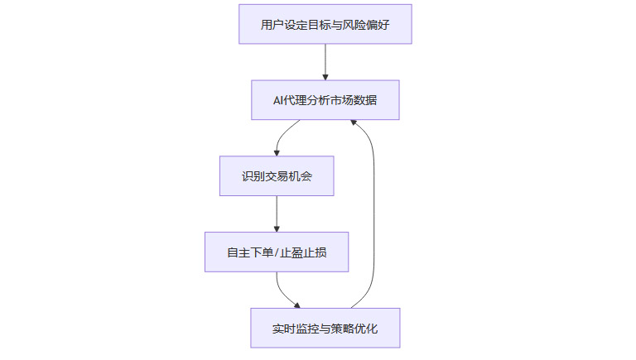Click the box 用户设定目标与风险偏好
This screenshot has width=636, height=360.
(325, 24)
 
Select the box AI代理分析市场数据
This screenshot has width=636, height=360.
(325, 100)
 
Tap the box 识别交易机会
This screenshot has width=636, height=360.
(277, 176)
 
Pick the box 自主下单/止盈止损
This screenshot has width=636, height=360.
(277, 252)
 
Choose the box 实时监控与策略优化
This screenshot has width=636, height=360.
(325, 328)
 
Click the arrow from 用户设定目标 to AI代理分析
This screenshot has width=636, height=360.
(325, 61)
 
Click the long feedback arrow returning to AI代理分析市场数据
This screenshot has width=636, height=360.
(373, 215)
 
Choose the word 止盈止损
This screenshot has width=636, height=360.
(303, 252)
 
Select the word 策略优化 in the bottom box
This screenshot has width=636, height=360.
(357, 328)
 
